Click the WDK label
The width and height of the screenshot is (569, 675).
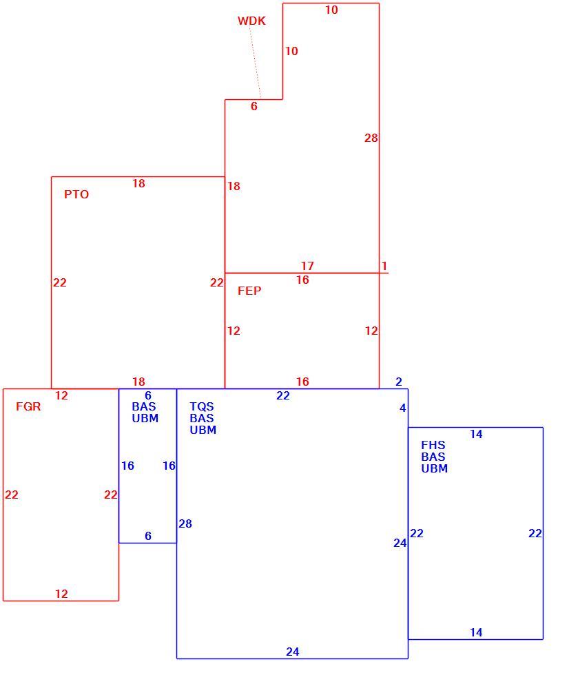pyautogui.click(x=251, y=21)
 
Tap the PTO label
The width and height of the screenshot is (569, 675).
pyautogui.click(x=76, y=194)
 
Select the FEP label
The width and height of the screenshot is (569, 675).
pyautogui.click(x=249, y=291)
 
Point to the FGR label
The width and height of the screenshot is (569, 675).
pyautogui.click(x=28, y=406)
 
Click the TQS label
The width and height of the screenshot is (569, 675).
pyautogui.click(x=201, y=406)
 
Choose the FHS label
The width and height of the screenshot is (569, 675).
pyautogui.click(x=433, y=445)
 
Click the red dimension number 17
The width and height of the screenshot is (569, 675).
pyautogui.click(x=307, y=266)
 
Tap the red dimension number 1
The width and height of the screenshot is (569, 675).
pyautogui.click(x=384, y=266)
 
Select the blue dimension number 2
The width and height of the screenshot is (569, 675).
pyautogui.click(x=399, y=382)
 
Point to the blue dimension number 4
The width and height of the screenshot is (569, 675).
pyautogui.click(x=402, y=408)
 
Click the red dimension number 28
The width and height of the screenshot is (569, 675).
pyautogui.click(x=371, y=138)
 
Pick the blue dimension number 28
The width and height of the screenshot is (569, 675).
pyautogui.click(x=185, y=523)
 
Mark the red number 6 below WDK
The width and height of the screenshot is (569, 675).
pyautogui.click(x=254, y=106)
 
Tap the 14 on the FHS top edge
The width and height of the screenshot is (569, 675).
pyautogui.click(x=476, y=435)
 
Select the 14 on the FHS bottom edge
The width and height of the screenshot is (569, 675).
pyautogui.click(x=476, y=632)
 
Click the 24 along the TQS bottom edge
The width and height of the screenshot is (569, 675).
pyautogui.click(x=293, y=652)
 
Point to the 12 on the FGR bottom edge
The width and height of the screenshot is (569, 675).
pyautogui.click(x=61, y=594)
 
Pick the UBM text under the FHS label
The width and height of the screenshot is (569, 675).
pyautogui.click(x=434, y=468)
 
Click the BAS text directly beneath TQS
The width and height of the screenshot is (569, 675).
pyautogui.click(x=201, y=418)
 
